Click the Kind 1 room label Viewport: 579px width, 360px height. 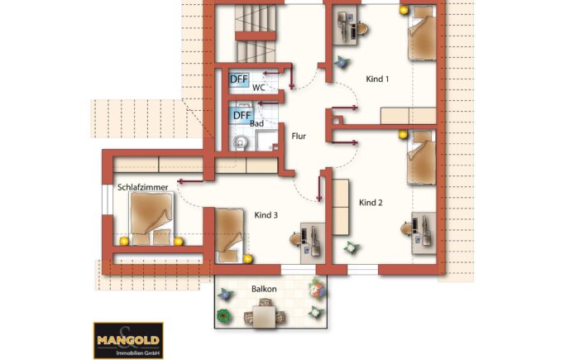pos(377,79)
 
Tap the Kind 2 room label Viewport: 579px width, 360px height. pos(371,203)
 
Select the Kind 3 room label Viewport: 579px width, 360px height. pos(266,215)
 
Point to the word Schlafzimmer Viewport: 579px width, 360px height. pos(142,187)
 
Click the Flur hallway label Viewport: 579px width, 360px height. pos(299,136)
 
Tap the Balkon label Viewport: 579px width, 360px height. pos(264,289)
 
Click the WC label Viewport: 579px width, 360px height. pos(258,88)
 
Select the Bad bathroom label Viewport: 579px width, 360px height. pos(256,123)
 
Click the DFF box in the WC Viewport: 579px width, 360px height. pos(239,79)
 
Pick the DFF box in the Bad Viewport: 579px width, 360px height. pos(242,115)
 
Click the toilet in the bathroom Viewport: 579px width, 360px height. pos(241,142)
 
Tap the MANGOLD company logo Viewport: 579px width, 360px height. pos(128,340)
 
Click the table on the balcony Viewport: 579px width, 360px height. pos(265,316)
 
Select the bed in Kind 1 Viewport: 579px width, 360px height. pos(422,33)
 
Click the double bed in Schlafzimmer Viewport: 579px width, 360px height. pos(151,218)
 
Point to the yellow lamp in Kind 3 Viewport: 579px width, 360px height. pos(248,259)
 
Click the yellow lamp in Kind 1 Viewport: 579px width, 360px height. pos(404,10)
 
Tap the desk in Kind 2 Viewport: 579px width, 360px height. pos(423,233)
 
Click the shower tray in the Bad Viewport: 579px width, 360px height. pos(266,141)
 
